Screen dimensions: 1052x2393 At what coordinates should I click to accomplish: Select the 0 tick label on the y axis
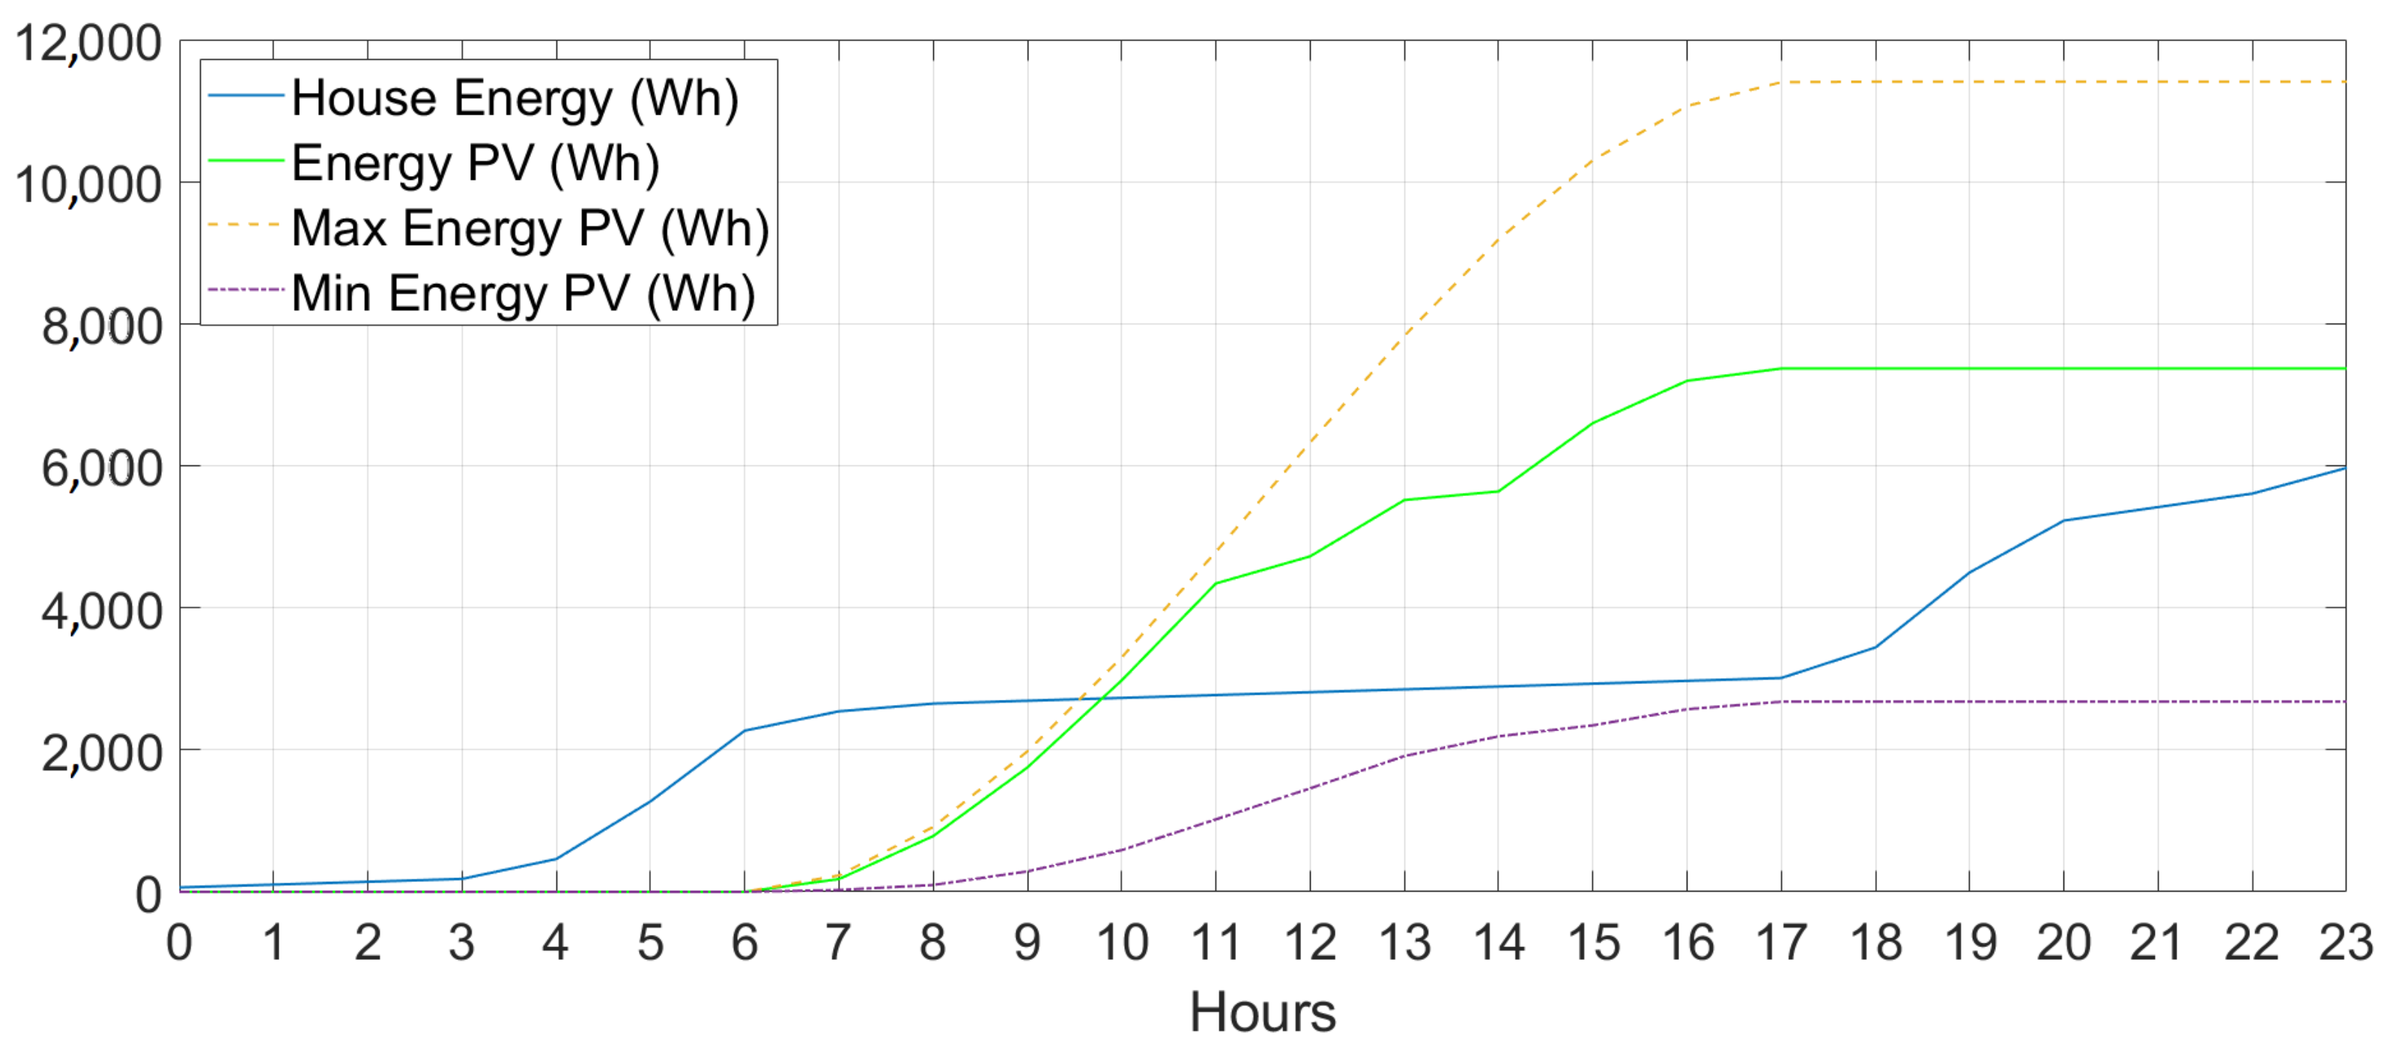tap(148, 894)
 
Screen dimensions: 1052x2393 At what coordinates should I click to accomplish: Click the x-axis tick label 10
tap(1121, 943)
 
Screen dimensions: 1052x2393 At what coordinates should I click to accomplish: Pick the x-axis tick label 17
tap(1781, 943)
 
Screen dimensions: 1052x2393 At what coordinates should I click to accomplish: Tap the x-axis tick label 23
tap(2345, 943)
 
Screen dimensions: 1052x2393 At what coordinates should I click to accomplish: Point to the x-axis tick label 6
tap(744, 943)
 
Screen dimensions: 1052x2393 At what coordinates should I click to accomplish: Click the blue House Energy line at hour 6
tap(744, 731)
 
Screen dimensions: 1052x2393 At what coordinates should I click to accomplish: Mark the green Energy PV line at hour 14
tap(1497, 491)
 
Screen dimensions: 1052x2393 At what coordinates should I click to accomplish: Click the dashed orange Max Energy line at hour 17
tap(1781, 82)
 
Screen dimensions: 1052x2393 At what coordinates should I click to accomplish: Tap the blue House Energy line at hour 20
tap(2063, 521)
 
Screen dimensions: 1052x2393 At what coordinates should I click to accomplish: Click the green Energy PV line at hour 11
tap(1215, 584)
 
